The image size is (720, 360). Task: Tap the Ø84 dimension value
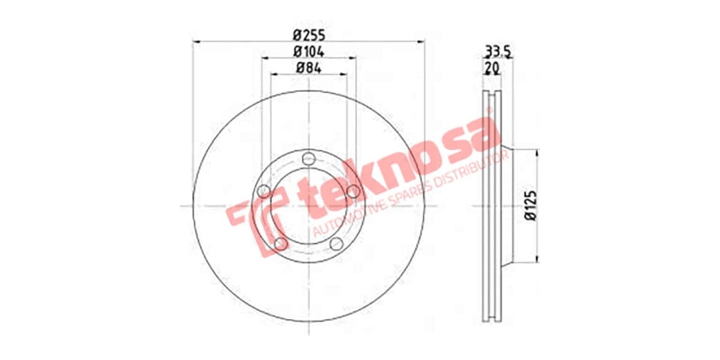pos(310,68)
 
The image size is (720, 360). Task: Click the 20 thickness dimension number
pos(492,68)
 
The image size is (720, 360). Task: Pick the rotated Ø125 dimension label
pos(529,206)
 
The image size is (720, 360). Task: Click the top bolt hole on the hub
pos(309,159)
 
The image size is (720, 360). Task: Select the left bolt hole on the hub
pos(264,191)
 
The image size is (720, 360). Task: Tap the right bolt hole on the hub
pos(354,191)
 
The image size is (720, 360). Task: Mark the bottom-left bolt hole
pos(281,244)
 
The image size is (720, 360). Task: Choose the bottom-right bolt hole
pos(337,244)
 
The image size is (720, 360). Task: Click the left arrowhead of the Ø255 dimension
pos(194,41)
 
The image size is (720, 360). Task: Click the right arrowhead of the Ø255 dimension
pos(421,41)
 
